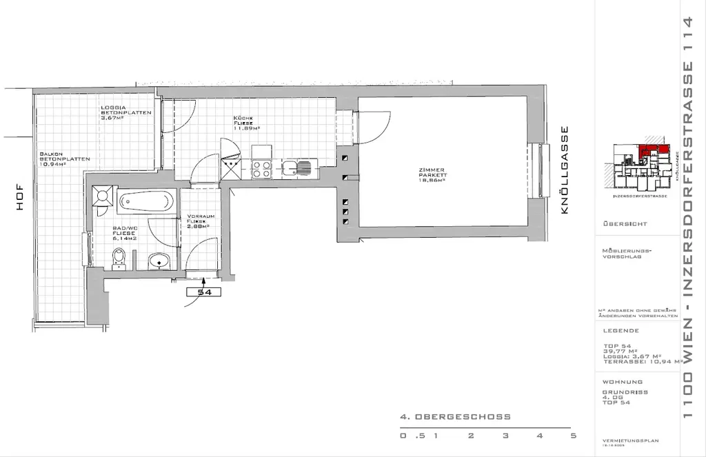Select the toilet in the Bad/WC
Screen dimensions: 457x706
[119, 259]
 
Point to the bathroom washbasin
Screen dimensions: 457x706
[160, 261]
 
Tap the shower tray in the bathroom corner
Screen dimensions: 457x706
[105, 196]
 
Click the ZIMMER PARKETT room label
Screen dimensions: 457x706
[435, 174]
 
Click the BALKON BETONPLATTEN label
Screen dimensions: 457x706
[64, 159]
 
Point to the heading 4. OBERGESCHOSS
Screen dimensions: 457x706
[455, 417]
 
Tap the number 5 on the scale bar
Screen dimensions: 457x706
[573, 436]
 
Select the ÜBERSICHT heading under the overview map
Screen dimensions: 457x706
[625, 224]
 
